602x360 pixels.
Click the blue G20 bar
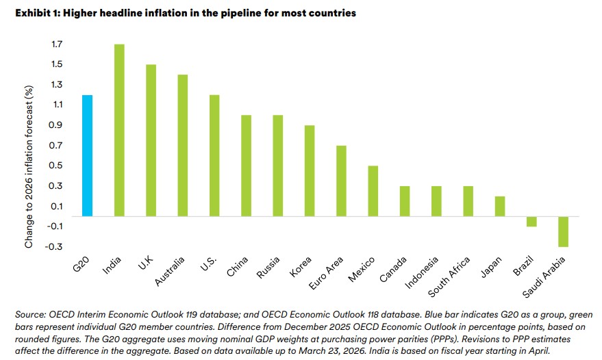[87, 156]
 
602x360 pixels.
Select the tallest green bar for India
[119, 131]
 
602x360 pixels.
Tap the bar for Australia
[183, 146]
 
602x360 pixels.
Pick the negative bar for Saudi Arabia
[564, 231]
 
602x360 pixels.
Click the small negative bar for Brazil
[532, 221]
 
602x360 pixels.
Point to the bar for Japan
[500, 206]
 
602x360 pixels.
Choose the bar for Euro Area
[341, 181]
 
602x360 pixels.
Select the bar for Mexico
[373, 191]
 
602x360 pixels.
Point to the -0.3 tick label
[55, 247]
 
